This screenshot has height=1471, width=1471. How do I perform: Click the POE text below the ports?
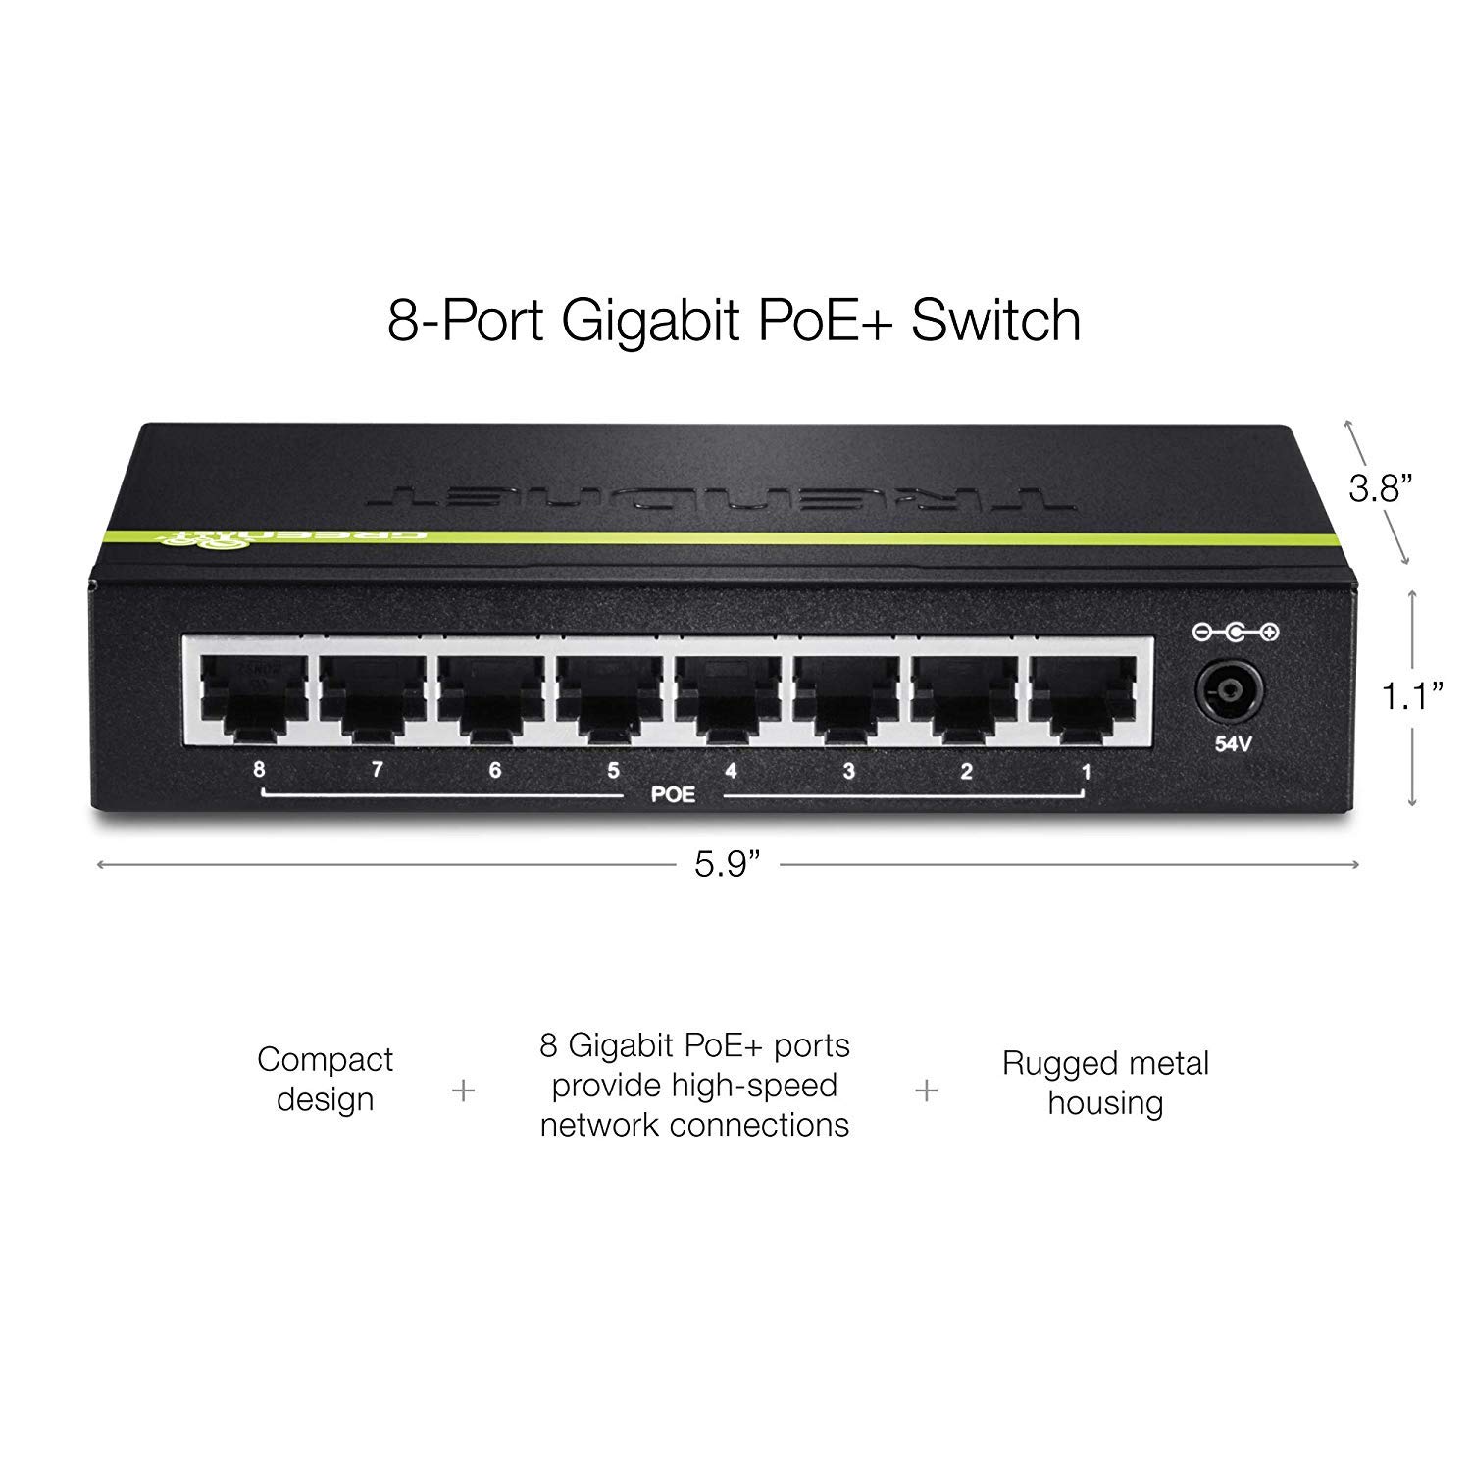tap(673, 794)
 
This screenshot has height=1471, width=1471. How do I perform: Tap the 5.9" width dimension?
tap(728, 864)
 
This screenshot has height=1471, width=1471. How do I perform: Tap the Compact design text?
tap(325, 1079)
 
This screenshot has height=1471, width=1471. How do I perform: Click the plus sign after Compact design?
tap(464, 1091)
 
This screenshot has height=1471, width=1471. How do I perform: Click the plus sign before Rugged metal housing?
tap(926, 1091)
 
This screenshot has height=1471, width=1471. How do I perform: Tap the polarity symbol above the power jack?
tap(1235, 634)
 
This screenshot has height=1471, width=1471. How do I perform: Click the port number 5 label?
tap(613, 771)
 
